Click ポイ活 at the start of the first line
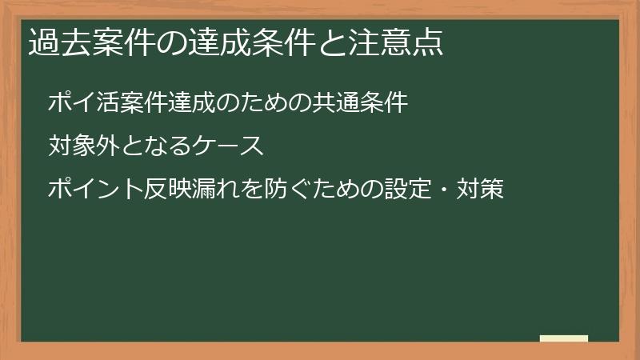[83, 103]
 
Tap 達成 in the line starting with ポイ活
[191, 103]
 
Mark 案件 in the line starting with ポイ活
[144, 103]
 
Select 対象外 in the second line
[83, 146]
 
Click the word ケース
[228, 146]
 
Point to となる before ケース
[155, 146]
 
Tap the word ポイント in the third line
[95, 190]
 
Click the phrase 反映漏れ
[193, 190]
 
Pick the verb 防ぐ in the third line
[276, 190]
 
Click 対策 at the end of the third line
[480, 190]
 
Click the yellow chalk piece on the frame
[564, 338]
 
